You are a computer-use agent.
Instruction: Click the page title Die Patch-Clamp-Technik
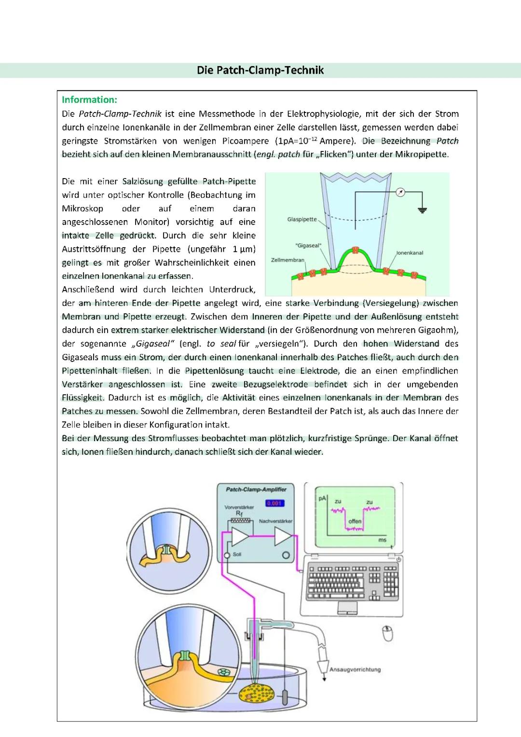[260, 70]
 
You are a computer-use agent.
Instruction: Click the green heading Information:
[89, 100]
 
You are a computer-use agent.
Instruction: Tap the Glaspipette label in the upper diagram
[302, 220]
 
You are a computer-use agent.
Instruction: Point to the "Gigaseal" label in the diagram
[308, 246]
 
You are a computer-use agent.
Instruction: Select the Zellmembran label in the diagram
[288, 260]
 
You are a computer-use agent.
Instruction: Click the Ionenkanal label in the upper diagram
[410, 253]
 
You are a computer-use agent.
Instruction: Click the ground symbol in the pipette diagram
[423, 210]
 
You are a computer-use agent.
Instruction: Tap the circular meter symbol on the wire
[400, 193]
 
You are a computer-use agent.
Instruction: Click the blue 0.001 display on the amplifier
[274, 503]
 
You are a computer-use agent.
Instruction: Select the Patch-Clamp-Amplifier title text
[256, 489]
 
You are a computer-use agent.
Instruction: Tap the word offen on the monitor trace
[355, 521]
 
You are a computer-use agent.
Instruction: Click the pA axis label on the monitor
[322, 498]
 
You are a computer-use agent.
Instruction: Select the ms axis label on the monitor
[382, 540]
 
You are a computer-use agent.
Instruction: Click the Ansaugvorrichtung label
[355, 669]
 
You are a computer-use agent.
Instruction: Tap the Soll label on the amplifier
[237, 555]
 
